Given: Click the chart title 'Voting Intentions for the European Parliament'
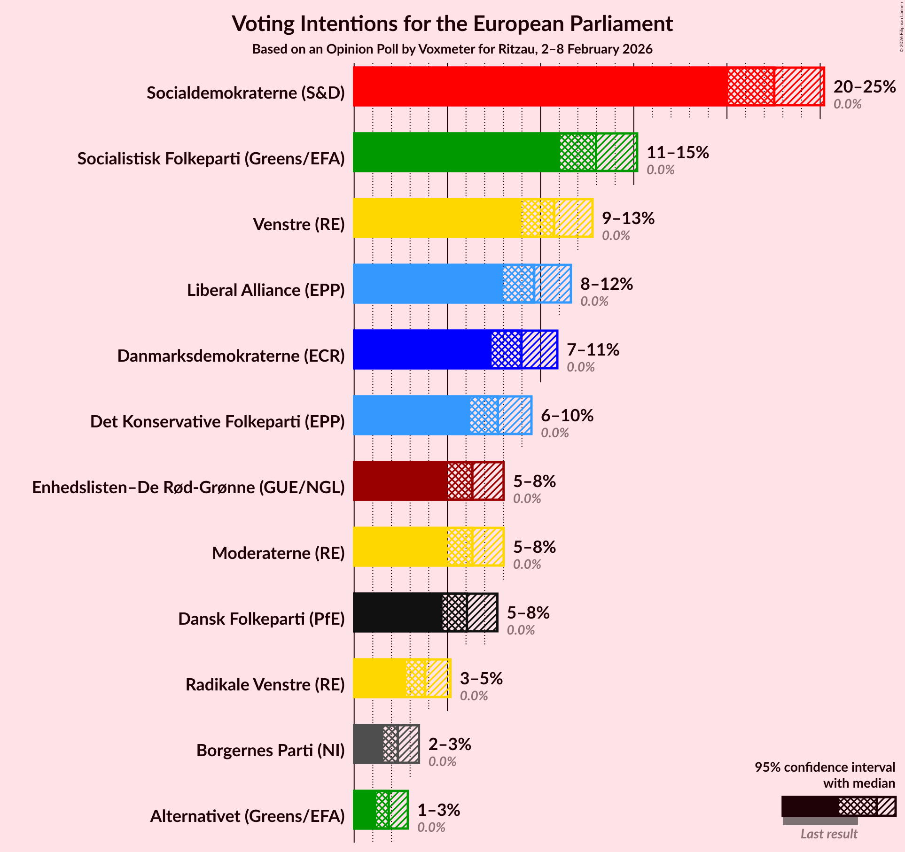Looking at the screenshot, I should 452,23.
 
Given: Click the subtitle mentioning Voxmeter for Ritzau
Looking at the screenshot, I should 452,49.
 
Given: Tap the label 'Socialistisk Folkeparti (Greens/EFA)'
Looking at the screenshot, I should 211,159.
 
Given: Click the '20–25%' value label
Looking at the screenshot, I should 864,86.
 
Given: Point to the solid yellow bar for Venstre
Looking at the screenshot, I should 437,218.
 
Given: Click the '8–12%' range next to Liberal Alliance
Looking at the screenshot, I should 606,284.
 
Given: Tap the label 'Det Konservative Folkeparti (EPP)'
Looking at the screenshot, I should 217,422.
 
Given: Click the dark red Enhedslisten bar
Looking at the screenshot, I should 400,481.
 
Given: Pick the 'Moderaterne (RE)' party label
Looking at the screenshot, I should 278,553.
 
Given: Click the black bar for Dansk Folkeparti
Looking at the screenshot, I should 398,612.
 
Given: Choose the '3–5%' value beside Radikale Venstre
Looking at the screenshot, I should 481,678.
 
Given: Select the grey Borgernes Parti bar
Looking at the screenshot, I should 368,744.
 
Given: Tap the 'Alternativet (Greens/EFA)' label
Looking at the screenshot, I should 247,816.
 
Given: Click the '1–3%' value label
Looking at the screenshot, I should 438,810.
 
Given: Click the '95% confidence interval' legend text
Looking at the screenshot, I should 825,767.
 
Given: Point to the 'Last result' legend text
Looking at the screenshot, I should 829,834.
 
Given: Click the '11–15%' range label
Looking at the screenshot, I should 677,152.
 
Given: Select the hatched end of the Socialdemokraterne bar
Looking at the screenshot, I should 799,86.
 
